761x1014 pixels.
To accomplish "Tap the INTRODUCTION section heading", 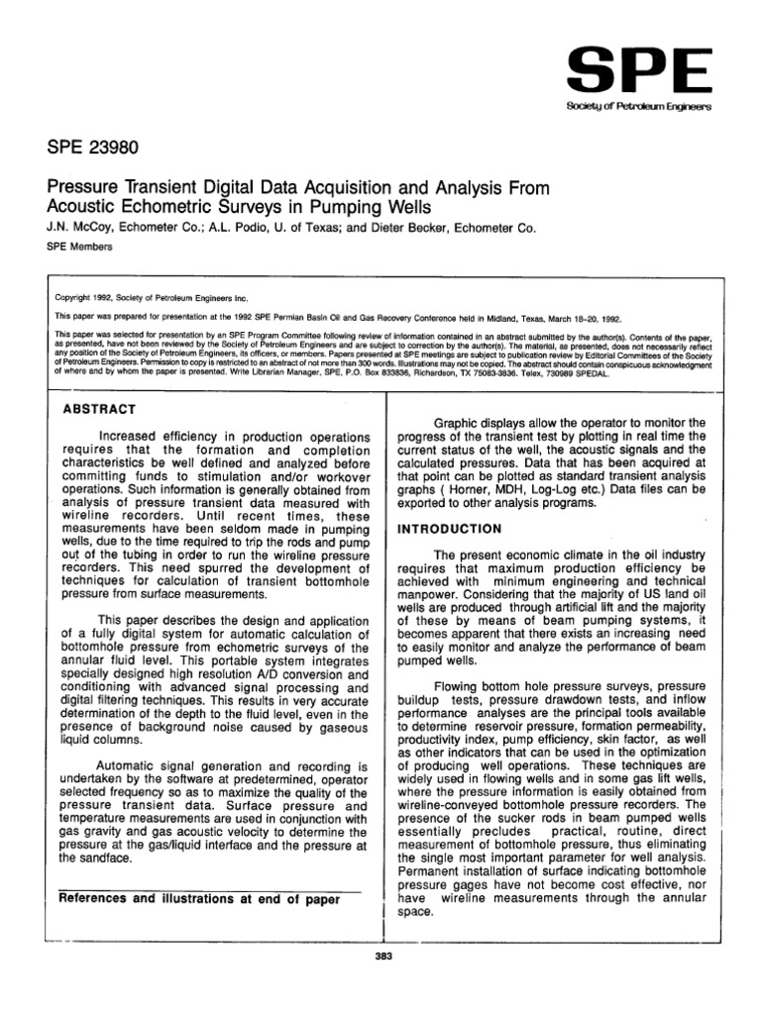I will click(x=450, y=529).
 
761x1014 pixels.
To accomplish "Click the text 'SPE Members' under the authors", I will click(x=79, y=247).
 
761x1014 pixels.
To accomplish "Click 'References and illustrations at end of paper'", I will click(x=201, y=899).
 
